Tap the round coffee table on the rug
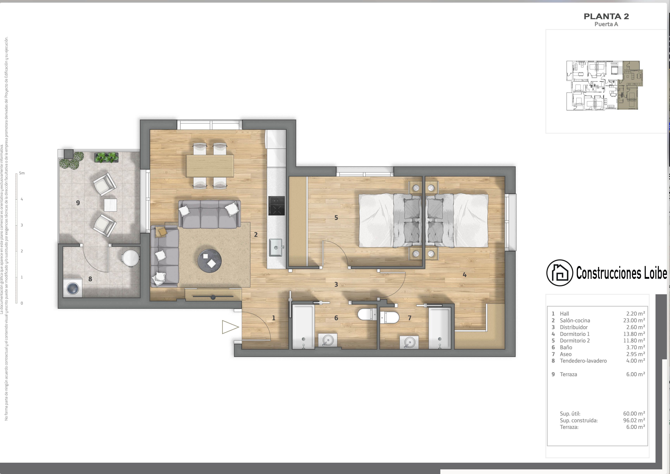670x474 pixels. pyautogui.click(x=209, y=261)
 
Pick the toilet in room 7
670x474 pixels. pyautogui.click(x=390, y=317)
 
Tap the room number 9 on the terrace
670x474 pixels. pyautogui.click(x=78, y=203)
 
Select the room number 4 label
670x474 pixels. pyautogui.click(x=465, y=275)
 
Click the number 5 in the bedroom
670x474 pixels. pyautogui.click(x=336, y=218)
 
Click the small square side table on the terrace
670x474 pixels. pyautogui.click(x=110, y=205)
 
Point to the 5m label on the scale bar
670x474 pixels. pyautogui.click(x=22, y=173)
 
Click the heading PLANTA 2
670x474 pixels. pyautogui.click(x=606, y=17)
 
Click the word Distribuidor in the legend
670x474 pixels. pyautogui.click(x=574, y=327)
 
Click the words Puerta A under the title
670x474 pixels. pyautogui.click(x=606, y=24)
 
